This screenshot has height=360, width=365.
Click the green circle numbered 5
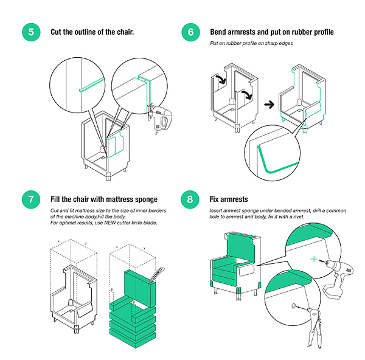tap(31, 32)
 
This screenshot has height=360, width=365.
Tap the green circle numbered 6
tap(190, 32)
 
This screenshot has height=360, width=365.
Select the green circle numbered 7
tap(31, 199)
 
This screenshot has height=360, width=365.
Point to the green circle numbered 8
tap(190, 199)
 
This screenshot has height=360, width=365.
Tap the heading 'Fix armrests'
tap(229, 199)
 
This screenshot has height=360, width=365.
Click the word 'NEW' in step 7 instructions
tap(110, 223)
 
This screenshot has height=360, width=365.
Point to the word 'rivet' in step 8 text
tap(298, 216)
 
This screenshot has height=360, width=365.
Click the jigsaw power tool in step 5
tap(160, 117)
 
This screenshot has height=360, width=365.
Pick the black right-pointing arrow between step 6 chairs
tap(269, 105)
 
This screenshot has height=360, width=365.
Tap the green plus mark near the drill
tap(314, 259)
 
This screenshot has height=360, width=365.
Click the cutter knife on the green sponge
tap(157, 275)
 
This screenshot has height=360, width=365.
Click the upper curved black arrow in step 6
tap(221, 79)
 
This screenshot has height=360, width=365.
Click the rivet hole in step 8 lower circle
tap(294, 306)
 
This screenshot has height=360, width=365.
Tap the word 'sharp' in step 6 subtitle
tap(272, 43)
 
